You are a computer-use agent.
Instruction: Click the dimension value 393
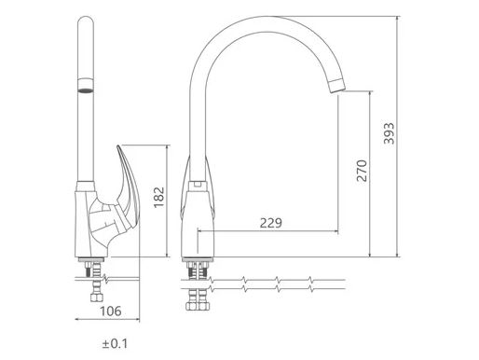[389, 133]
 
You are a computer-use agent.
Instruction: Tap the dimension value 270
[362, 171]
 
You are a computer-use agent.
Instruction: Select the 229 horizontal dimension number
[271, 223]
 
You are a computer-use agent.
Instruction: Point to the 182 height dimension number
[158, 198]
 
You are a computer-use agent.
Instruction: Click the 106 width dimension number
[111, 311]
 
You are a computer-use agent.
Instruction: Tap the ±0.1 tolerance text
[115, 344]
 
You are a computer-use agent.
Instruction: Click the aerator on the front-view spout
[86, 86]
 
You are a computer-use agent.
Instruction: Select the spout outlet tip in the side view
[336, 86]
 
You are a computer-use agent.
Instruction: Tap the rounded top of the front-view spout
[86, 20]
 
